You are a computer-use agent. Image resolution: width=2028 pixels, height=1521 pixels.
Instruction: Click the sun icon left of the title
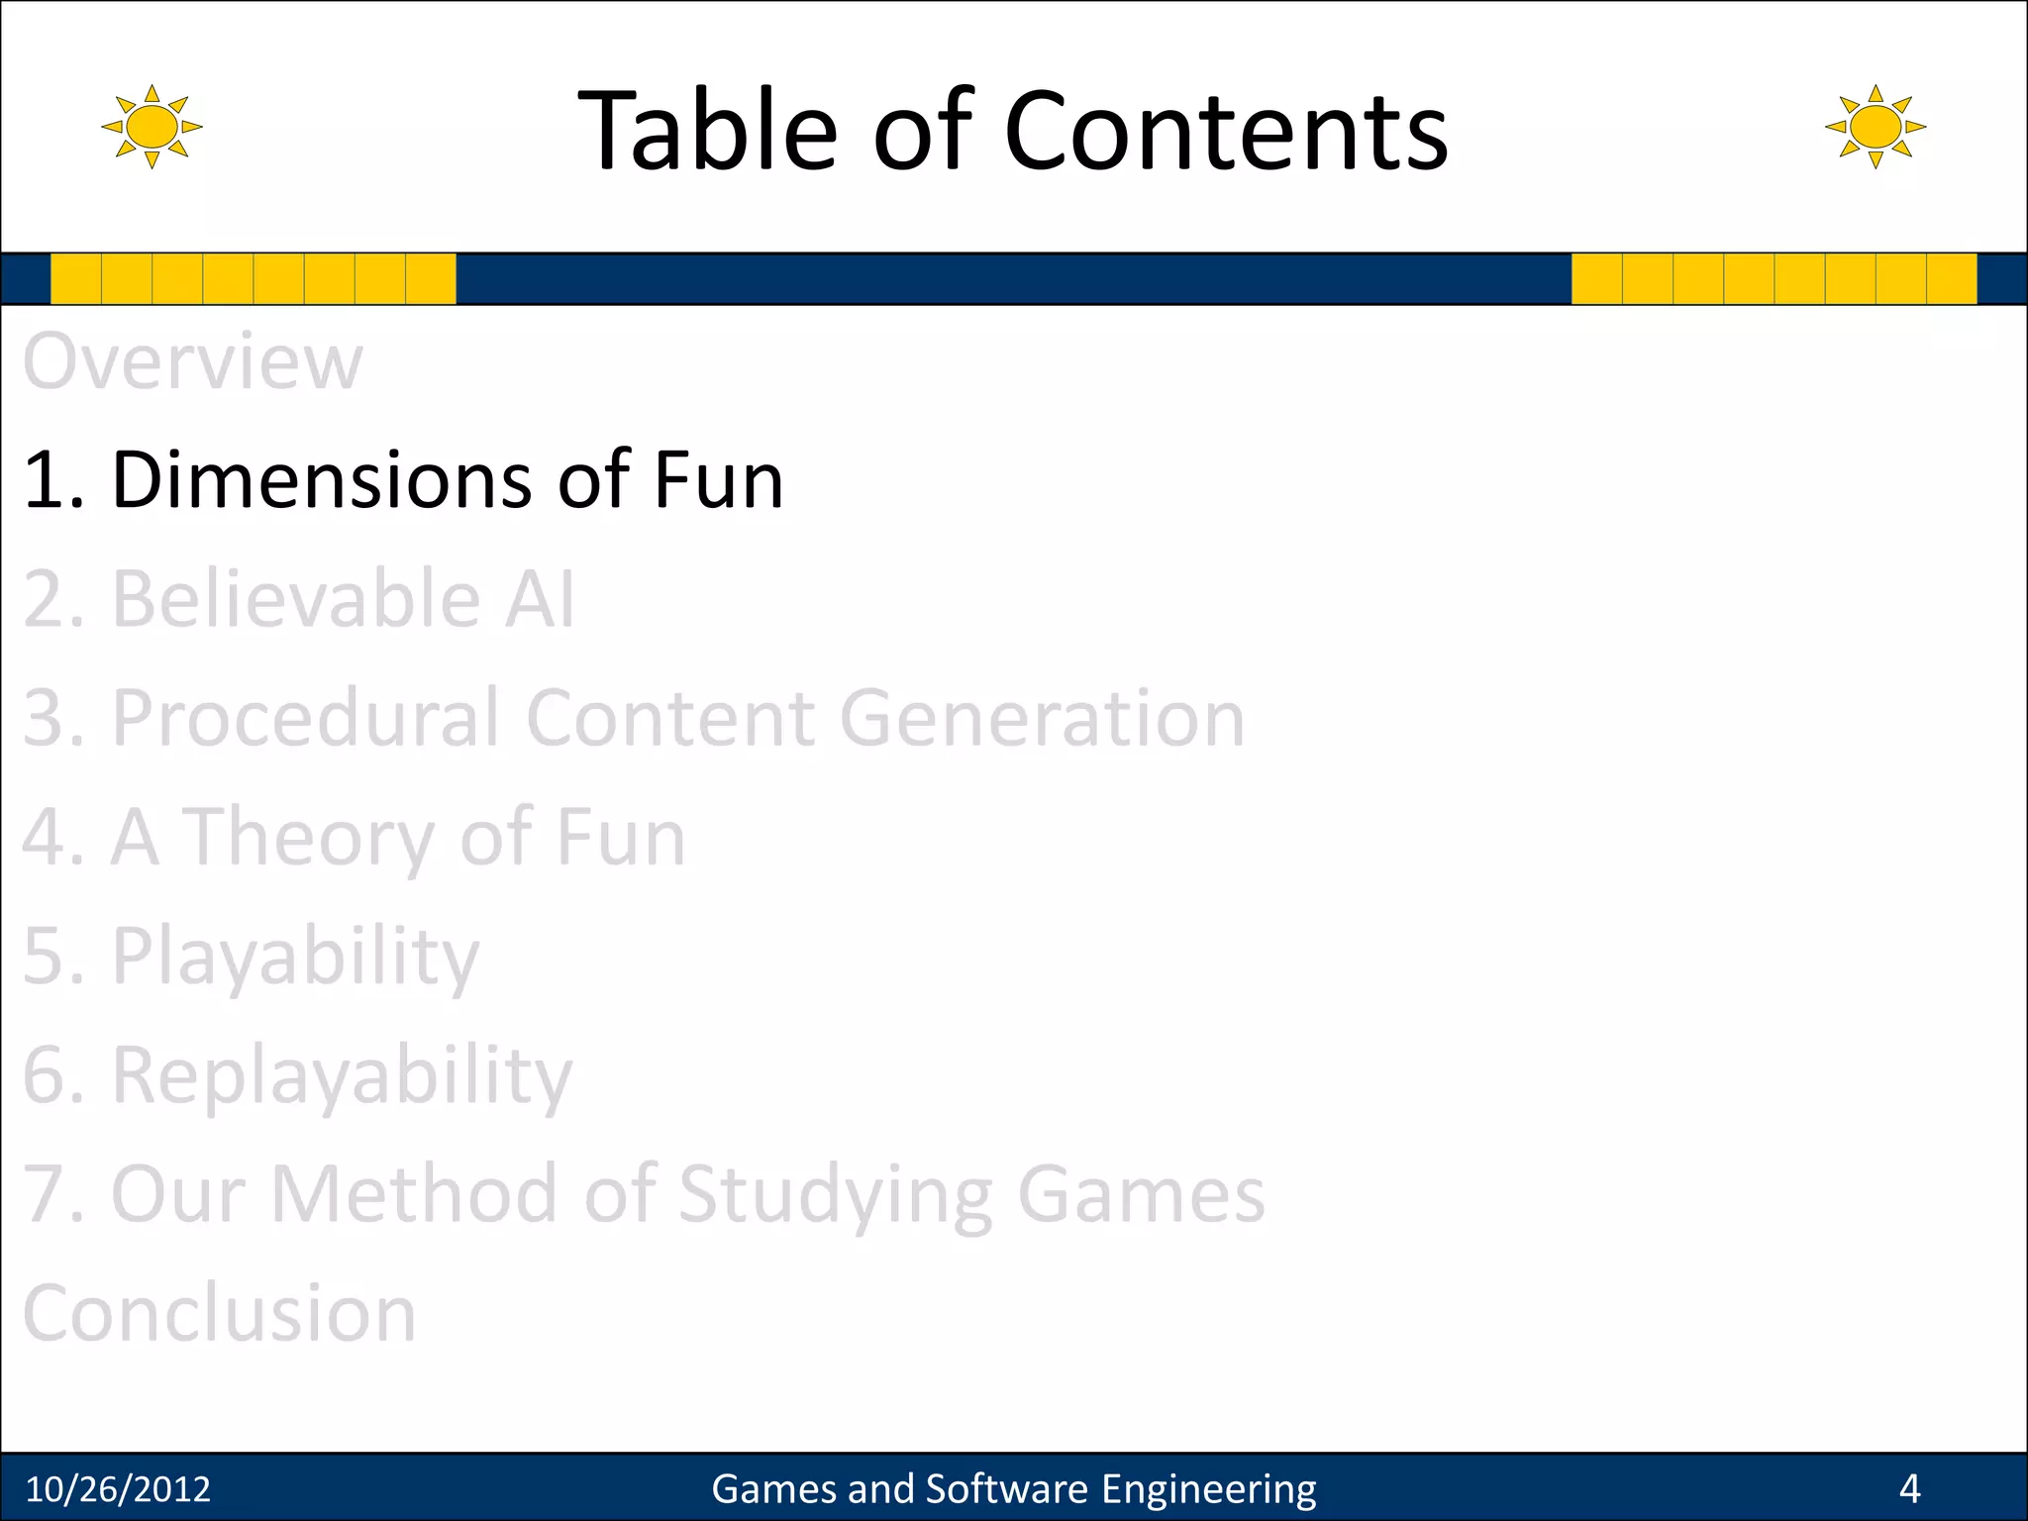coord(152,127)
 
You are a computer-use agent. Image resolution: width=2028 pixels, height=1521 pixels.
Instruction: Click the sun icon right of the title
coord(1875,127)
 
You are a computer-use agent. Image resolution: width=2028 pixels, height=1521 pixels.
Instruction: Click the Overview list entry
coord(193,362)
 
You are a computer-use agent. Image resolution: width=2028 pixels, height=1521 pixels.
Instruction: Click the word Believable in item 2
coord(295,600)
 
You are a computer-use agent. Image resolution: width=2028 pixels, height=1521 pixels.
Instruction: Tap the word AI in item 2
coord(539,600)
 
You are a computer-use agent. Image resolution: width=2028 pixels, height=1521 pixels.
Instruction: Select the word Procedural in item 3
coord(305,719)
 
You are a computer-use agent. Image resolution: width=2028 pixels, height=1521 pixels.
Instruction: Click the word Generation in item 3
coord(1042,719)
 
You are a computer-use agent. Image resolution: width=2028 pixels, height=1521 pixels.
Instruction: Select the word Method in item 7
coord(414,1194)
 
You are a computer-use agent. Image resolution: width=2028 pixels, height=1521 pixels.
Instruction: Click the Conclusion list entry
coord(219,1314)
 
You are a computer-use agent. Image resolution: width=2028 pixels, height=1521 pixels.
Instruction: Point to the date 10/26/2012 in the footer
coord(118,1489)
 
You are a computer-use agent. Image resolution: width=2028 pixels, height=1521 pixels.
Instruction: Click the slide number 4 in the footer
coord(1909,1489)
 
